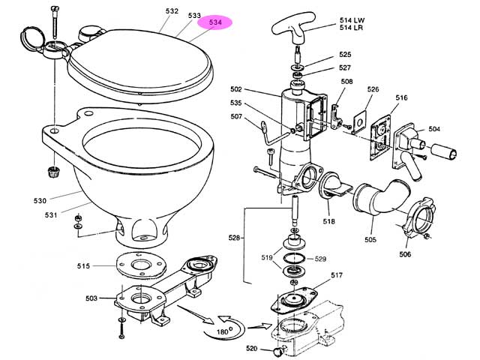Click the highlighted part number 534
click(215, 22)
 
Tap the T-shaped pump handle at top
click(293, 28)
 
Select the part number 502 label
click(236, 89)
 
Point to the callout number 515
click(83, 266)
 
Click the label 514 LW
click(352, 20)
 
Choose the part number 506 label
click(405, 254)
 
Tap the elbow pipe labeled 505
click(381, 199)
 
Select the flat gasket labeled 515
click(141, 265)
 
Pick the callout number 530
click(40, 201)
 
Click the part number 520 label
click(252, 348)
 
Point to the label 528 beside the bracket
click(234, 238)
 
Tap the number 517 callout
click(337, 275)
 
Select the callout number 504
click(434, 129)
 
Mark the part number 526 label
click(373, 89)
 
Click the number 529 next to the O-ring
click(320, 259)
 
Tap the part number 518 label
click(328, 221)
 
